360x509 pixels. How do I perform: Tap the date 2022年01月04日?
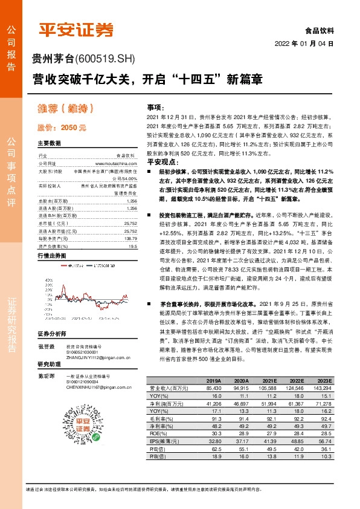click(304, 44)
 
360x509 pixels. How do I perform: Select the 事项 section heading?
click(156, 105)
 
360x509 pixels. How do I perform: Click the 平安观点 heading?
click(161, 162)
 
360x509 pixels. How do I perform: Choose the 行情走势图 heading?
click(51, 256)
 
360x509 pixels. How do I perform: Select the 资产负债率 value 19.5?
click(130, 247)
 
